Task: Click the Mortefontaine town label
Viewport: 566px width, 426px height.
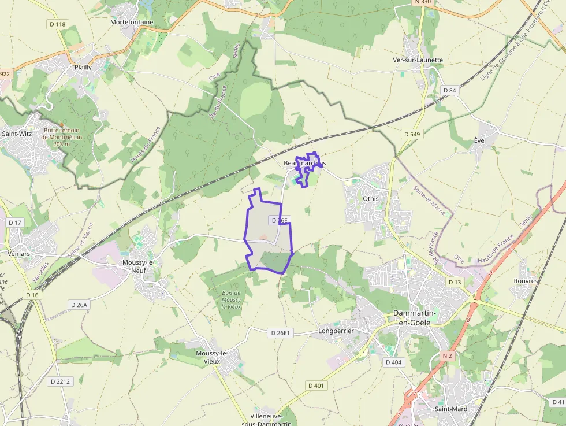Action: (132, 22)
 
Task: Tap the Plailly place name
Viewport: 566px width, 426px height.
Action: (83, 67)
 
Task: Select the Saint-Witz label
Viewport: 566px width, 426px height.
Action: (17, 134)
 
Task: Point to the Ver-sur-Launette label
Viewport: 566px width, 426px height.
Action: (418, 60)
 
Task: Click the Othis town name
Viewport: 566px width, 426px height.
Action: (371, 198)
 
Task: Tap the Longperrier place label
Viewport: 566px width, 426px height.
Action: (336, 331)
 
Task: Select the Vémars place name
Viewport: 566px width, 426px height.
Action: (19, 253)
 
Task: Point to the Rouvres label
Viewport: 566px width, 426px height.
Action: (526, 281)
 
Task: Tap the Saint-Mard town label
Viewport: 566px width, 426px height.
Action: (450, 409)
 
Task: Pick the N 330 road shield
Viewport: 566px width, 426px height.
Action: (423, 2)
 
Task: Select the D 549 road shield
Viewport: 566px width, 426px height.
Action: (412, 134)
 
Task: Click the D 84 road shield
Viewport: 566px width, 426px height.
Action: (449, 90)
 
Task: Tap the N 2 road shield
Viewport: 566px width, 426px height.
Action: (447, 356)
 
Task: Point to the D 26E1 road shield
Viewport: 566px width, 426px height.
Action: (281, 332)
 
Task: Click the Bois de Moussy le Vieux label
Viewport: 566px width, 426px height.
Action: (231, 299)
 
